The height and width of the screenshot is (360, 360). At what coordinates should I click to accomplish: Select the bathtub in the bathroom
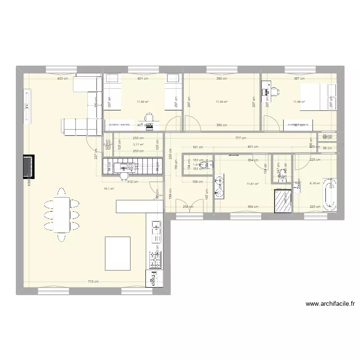pyautogui.click(x=330, y=195)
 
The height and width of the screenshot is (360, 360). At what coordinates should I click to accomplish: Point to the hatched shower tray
pyautogui.click(x=282, y=201)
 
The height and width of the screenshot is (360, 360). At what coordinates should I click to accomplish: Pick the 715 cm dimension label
pyautogui.click(x=93, y=282)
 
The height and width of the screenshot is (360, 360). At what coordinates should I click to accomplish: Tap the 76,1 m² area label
pyautogui.click(x=108, y=189)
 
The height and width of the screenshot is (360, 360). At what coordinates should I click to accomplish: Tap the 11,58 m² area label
pyautogui.click(x=221, y=102)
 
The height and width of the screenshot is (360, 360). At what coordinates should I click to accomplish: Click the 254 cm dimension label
pyautogui.click(x=188, y=207)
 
